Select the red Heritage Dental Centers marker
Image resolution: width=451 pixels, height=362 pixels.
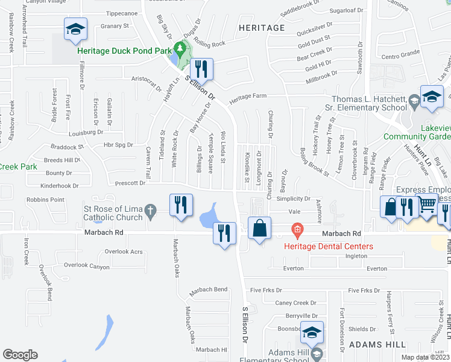(296, 229)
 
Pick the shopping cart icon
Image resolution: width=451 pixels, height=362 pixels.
(427, 206)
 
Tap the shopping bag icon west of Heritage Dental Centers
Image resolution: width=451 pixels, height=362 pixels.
(259, 229)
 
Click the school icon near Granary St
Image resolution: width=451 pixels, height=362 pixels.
(75, 30)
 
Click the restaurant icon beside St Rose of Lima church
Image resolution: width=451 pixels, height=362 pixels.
(180, 206)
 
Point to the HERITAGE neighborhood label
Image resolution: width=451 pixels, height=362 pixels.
(261, 28)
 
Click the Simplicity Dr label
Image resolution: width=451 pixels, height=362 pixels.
(292, 198)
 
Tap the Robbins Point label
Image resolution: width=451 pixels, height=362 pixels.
(45, 199)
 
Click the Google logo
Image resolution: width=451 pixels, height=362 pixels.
(20, 355)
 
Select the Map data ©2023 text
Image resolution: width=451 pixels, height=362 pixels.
(426, 357)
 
